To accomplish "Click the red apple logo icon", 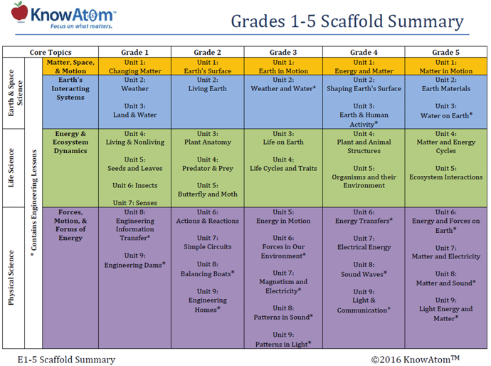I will tap(20, 11).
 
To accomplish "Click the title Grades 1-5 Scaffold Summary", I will tap(347, 21).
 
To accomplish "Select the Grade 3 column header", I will tap(283, 53).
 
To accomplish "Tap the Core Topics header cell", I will tap(50, 53).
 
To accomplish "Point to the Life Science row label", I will tap(12, 167).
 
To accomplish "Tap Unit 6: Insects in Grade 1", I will tap(135, 185).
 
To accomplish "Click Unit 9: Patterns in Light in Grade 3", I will tap(283, 340).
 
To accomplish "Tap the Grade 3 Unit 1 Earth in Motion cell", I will tap(283, 67).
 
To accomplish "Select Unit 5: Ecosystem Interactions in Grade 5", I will tap(446, 173).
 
